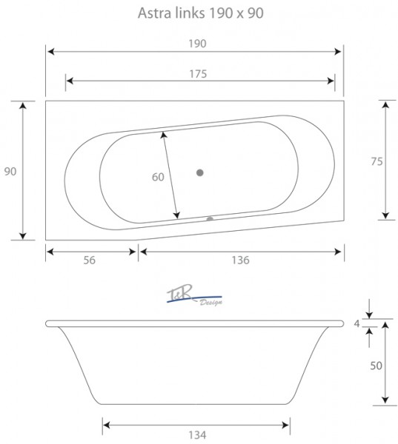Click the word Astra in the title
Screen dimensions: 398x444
154,13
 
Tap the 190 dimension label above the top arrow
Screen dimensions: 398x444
197,44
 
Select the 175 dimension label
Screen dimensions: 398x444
198,74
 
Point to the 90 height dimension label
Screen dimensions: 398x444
10,172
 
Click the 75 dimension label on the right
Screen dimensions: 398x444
377,161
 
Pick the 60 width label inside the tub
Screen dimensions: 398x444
158,177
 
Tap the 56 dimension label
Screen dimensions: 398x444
90,260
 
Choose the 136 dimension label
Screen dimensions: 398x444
241,260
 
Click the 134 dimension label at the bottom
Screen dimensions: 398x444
197,434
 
